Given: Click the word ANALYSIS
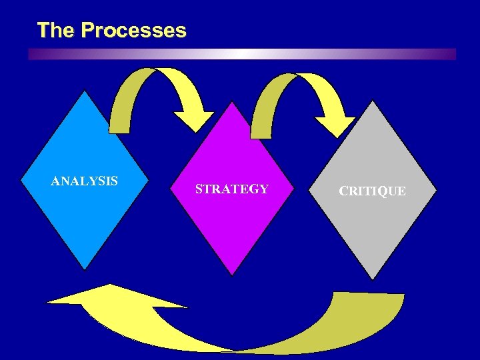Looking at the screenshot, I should click(85, 181).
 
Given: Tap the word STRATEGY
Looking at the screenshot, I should click(232, 189).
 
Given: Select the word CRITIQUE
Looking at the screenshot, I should click(372, 191).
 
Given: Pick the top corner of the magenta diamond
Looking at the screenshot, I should click(232, 102).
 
